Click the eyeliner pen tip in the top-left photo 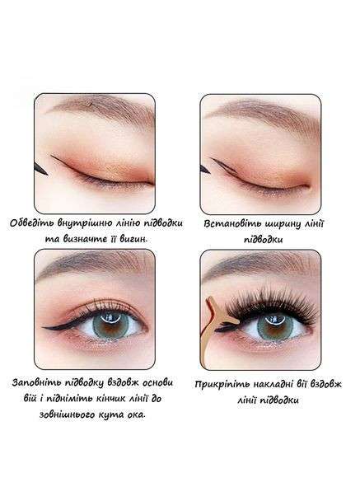click(47, 174)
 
